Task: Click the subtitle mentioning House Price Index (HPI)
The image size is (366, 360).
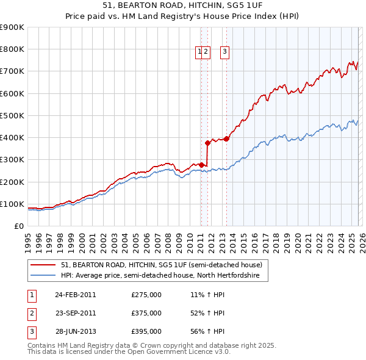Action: [182, 17]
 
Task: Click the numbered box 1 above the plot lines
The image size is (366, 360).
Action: [199, 52]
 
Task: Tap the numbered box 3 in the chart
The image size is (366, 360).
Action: [224, 52]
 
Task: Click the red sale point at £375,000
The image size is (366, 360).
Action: [207, 143]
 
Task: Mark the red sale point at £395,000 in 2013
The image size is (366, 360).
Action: [226, 139]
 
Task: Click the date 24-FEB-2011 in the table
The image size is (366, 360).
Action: [75, 295]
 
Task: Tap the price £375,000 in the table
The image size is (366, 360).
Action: [146, 313]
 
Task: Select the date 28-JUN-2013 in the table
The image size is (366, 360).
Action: [75, 331]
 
